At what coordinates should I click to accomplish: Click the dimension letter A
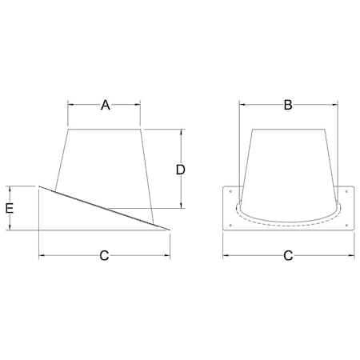105,105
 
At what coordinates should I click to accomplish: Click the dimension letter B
288,104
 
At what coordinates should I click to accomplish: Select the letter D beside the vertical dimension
181,169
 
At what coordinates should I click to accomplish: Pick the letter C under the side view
104,256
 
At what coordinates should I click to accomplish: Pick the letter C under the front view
288,256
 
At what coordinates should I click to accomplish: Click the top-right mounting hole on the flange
346,192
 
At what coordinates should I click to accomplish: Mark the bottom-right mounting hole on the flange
346,225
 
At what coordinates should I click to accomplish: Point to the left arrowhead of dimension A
70,105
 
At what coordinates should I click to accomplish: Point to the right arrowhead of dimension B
334,104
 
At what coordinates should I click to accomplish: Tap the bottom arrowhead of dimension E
10,228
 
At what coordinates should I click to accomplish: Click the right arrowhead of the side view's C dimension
168,256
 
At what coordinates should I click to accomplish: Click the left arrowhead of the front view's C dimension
225,256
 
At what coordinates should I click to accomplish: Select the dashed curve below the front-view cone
288,226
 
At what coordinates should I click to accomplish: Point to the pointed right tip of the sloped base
170,230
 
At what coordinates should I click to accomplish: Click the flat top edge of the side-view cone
105,128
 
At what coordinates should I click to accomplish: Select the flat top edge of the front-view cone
288,128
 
